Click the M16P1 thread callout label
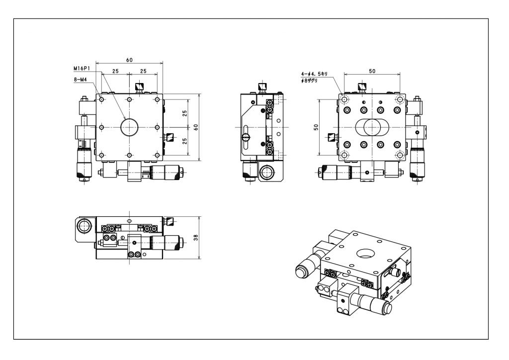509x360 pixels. (x=82, y=68)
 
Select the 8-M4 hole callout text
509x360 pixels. (x=80, y=79)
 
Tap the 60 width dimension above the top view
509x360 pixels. (x=129, y=60)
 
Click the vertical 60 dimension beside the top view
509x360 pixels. (x=196, y=127)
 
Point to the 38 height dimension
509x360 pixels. (x=196, y=238)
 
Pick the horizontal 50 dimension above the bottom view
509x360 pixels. (x=372, y=71)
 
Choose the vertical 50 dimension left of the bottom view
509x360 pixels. (x=316, y=127)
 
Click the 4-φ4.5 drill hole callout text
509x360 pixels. (x=314, y=74)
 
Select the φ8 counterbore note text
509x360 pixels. (x=309, y=80)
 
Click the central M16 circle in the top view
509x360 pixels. (x=129, y=127)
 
